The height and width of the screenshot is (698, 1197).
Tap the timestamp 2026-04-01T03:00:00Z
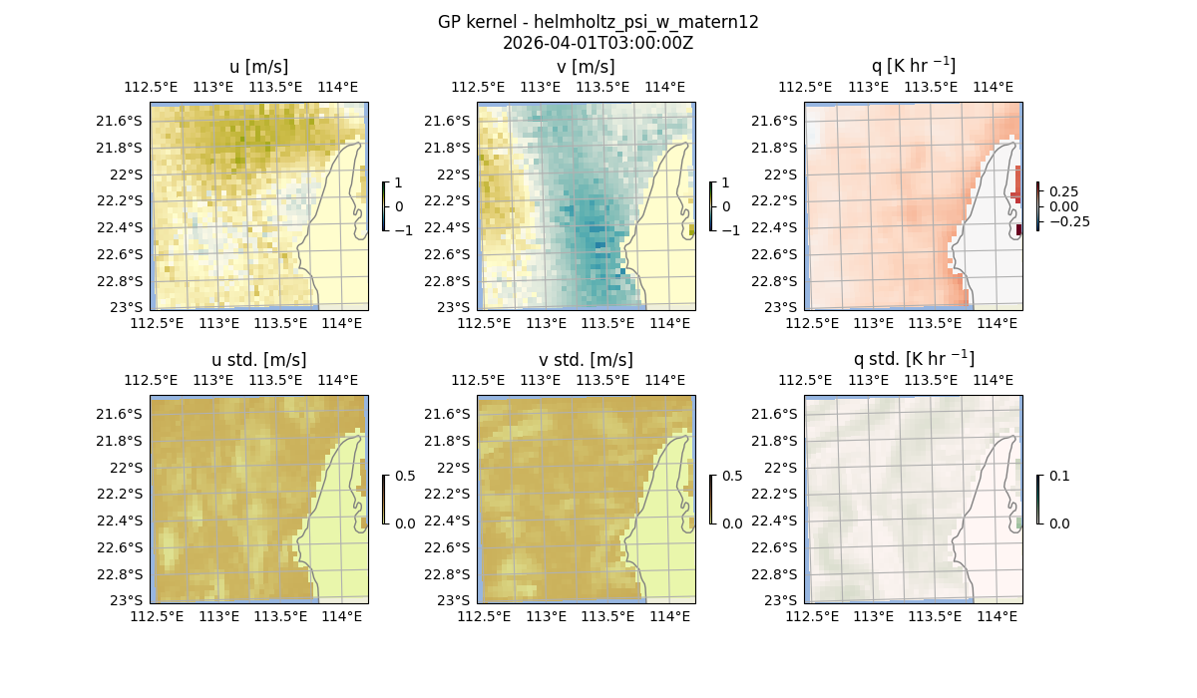(598, 43)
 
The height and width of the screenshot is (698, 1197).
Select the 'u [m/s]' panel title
(258, 67)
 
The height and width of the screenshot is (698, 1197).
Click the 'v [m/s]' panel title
(586, 67)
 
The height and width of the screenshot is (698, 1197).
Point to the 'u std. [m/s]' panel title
(258, 360)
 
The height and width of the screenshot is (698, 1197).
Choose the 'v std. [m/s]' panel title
(586, 360)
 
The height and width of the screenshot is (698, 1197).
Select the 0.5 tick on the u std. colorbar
(404, 477)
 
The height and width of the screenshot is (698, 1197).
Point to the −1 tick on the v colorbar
(732, 230)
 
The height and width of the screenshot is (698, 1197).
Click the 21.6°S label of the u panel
(125, 121)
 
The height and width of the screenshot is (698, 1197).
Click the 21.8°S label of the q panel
(779, 148)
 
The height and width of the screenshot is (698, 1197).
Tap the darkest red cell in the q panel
(1018, 230)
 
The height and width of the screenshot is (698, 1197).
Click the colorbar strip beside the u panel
(384, 206)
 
